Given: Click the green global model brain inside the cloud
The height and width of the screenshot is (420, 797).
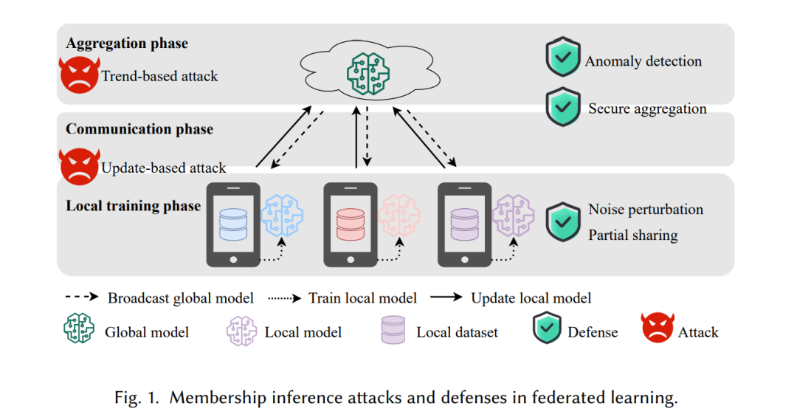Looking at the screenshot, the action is pyautogui.click(x=368, y=75).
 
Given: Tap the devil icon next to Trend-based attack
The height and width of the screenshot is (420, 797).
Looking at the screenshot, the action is pyautogui.click(x=79, y=75).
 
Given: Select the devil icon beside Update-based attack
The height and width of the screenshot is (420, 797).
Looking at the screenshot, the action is pyautogui.click(x=79, y=166).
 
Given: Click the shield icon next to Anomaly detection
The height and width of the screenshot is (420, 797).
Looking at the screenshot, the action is pyautogui.click(x=563, y=56).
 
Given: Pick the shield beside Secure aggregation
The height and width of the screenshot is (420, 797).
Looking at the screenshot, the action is pyautogui.click(x=563, y=107).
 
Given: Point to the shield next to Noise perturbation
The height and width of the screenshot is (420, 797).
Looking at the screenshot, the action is pyautogui.click(x=563, y=221).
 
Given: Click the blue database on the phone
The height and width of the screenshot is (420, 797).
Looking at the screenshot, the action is pyautogui.click(x=233, y=224).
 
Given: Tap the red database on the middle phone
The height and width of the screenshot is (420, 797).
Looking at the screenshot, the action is pyautogui.click(x=351, y=224).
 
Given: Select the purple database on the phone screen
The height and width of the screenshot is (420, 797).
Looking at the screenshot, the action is pyautogui.click(x=465, y=224).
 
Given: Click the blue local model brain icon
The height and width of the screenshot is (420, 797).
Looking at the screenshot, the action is pyautogui.click(x=282, y=216).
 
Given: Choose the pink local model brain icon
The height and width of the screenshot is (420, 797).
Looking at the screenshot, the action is pyautogui.click(x=399, y=216).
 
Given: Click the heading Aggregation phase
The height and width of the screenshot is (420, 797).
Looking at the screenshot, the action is pyautogui.click(x=127, y=44).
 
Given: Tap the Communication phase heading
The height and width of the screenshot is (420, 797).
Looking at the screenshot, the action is pyautogui.click(x=139, y=129).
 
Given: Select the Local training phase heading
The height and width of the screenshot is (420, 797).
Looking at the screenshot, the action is pyautogui.click(x=133, y=206).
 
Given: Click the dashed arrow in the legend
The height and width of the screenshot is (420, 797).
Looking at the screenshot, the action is pyautogui.click(x=82, y=297).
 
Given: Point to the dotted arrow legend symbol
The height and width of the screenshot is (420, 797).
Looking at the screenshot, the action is pyautogui.click(x=285, y=298).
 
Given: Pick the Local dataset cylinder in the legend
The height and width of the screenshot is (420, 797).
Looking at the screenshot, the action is pyautogui.click(x=393, y=330).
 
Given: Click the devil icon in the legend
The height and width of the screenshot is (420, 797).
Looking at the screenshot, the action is pyautogui.click(x=658, y=328).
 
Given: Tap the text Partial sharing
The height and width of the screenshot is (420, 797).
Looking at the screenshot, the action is pyautogui.click(x=633, y=235).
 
